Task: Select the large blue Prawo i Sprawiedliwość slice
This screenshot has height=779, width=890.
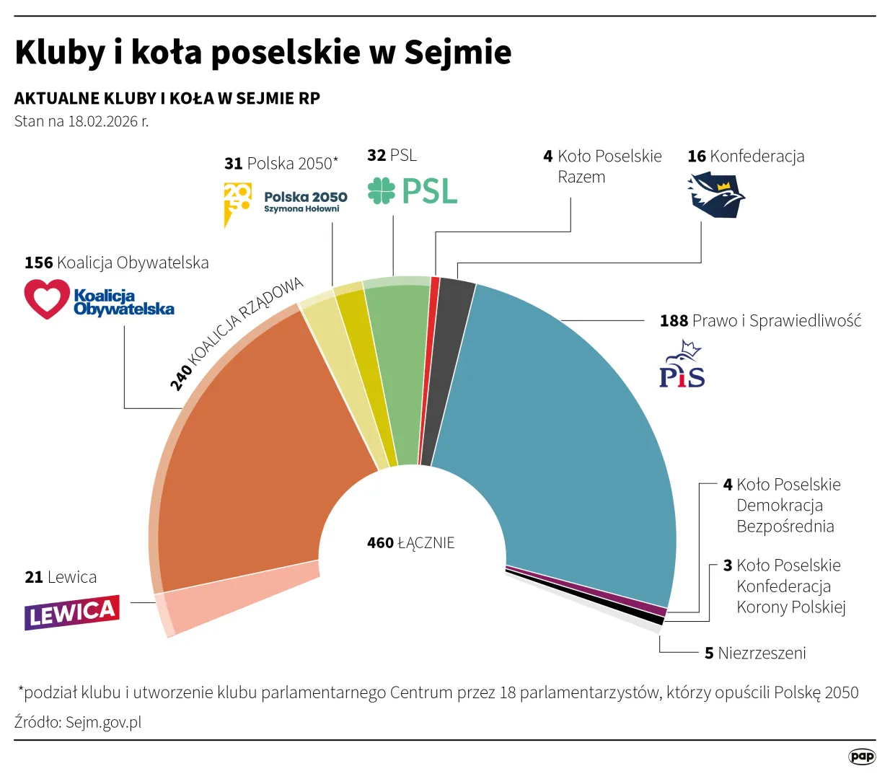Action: (555, 433)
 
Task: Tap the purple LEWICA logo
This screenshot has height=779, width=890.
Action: (71, 613)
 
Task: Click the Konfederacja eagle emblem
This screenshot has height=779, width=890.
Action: (715, 195)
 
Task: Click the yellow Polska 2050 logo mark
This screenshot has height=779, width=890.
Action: (237, 202)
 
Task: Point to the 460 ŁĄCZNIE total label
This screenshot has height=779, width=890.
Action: (410, 542)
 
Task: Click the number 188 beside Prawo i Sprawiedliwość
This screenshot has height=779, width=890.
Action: (674, 321)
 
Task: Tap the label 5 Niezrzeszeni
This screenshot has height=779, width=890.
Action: (754, 653)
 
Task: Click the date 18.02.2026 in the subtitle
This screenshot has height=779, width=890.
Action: (102, 121)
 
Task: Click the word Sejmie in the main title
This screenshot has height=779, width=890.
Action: (457, 52)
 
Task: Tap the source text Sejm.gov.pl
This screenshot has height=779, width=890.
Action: (103, 722)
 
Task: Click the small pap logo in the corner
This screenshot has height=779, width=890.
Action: (861, 756)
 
